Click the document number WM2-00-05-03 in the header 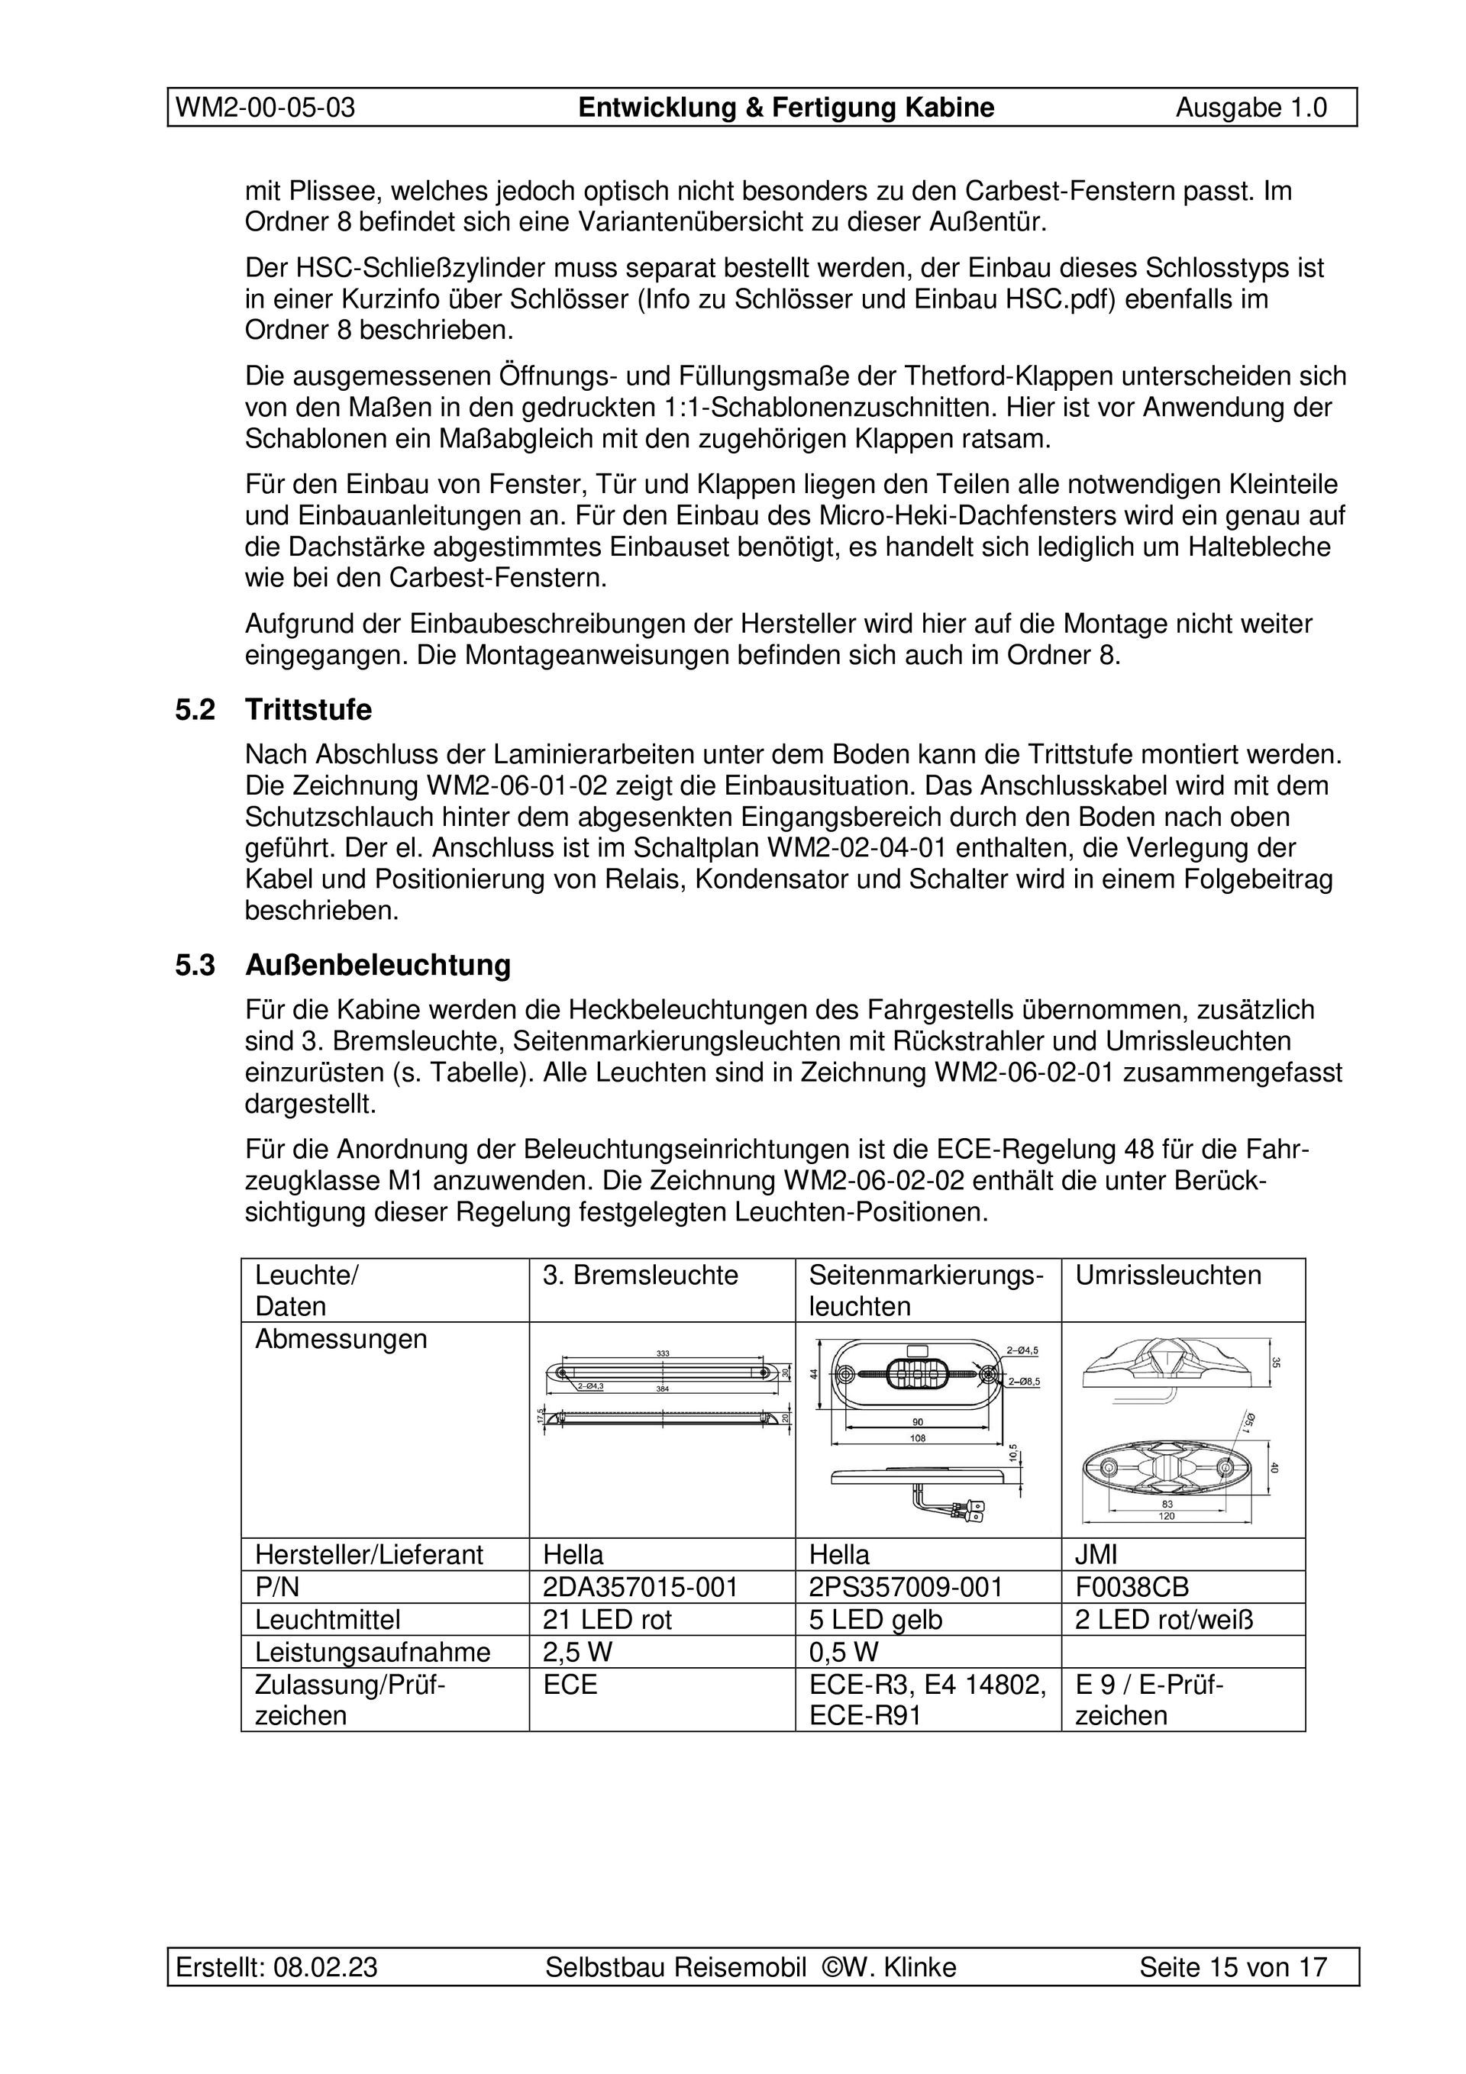pos(265,108)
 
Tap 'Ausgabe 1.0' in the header pos(1251,108)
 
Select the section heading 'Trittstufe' pos(308,710)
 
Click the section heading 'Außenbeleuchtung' pos(378,966)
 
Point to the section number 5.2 pos(195,710)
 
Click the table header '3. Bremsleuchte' pos(640,1276)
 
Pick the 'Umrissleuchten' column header pos(1167,1276)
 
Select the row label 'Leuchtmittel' pos(328,1620)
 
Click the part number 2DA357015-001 pos(640,1587)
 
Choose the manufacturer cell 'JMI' pos(1096,1555)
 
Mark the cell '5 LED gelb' pos(875,1620)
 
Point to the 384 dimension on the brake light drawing pos(663,1389)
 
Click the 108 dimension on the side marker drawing pos(917,1437)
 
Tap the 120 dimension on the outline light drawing pos(1167,1516)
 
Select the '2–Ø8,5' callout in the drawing pos(1023,1381)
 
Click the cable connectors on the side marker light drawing pos(967,1507)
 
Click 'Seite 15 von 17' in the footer pos(1233,1966)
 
